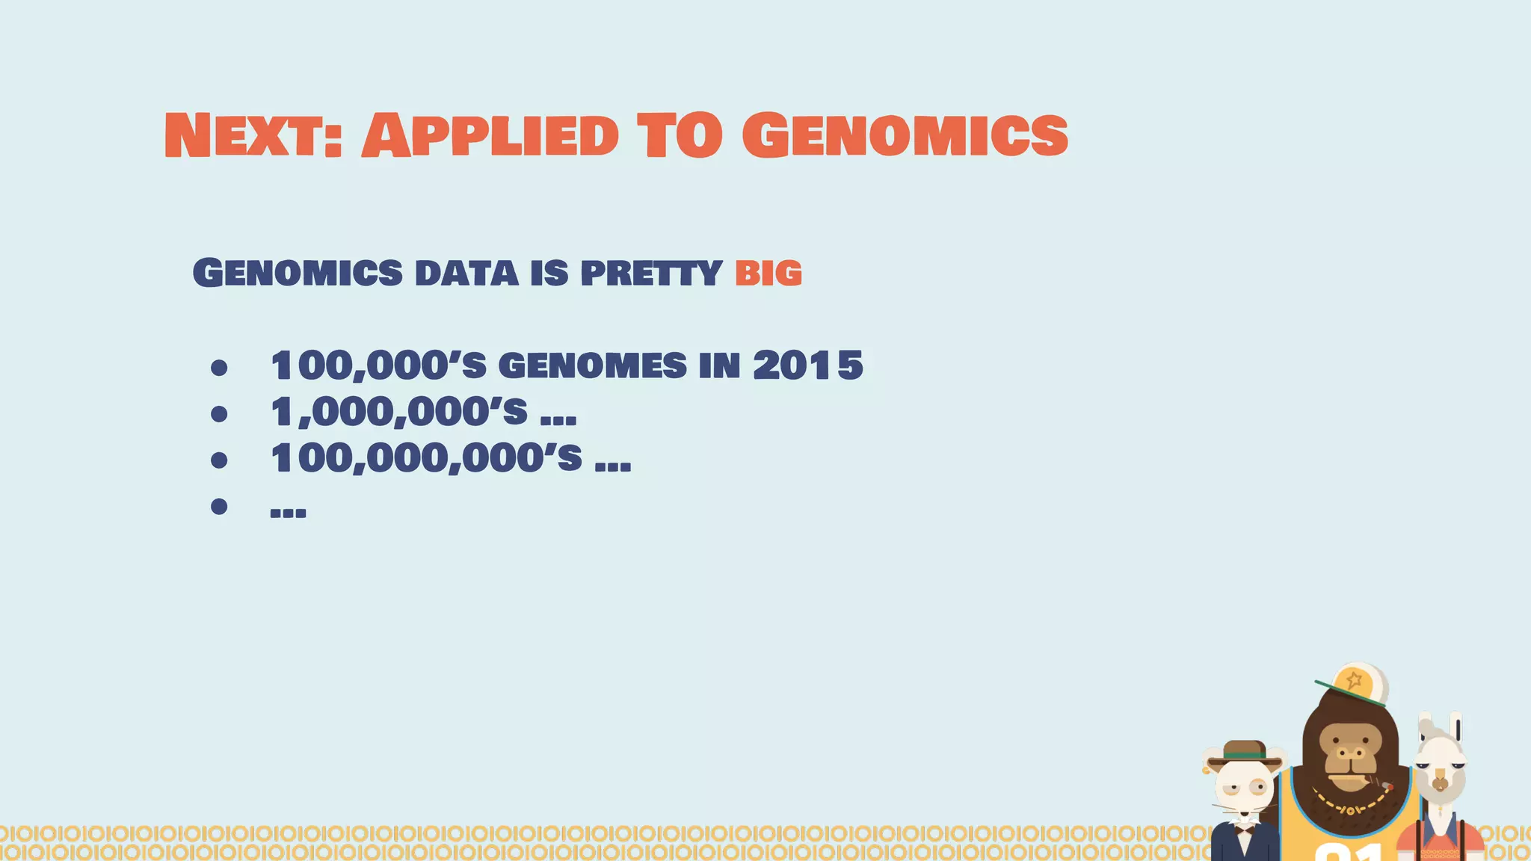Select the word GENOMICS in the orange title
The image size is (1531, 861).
tap(905, 136)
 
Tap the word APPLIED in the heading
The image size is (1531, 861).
tap(490, 136)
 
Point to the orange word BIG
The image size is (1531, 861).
tap(768, 273)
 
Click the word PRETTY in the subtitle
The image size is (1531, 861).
tap(651, 273)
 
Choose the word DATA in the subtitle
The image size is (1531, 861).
tap(466, 273)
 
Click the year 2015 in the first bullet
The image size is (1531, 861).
tap(808, 365)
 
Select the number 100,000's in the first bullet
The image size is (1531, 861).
tap(378, 365)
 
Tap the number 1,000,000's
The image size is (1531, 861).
tap(398, 412)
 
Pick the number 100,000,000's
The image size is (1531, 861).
tap(426, 458)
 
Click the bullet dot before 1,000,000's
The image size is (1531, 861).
tap(219, 414)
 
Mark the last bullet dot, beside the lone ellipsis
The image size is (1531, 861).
tap(219, 507)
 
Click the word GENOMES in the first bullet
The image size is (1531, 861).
tap(592, 365)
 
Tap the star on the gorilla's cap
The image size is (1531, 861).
tap(1354, 680)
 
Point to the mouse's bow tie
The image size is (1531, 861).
tap(1245, 829)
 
